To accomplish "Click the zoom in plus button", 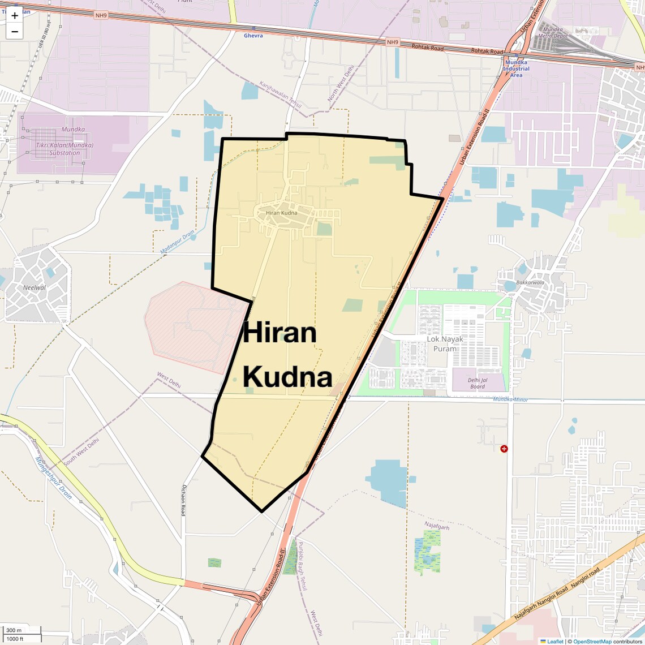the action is (15, 16).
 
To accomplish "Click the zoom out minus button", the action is (15, 32).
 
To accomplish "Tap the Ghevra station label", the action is (253, 36).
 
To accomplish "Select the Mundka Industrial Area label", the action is (516, 68).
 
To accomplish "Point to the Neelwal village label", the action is (35, 287).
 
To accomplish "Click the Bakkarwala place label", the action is (530, 282).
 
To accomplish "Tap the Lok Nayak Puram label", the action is (445, 343).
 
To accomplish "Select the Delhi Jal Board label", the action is (478, 384).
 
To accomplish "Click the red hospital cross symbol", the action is (504, 449).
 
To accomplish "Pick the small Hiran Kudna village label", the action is (281, 213).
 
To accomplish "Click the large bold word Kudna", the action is (287, 377).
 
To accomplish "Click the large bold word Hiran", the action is (279, 333).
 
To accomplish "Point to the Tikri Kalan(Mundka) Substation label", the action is (64, 149).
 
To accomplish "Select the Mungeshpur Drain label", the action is (54, 478).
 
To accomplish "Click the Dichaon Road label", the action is (183, 498).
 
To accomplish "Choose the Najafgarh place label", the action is (437, 526).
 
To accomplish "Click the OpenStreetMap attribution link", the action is (592, 641).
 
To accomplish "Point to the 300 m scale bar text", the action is (14, 630).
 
